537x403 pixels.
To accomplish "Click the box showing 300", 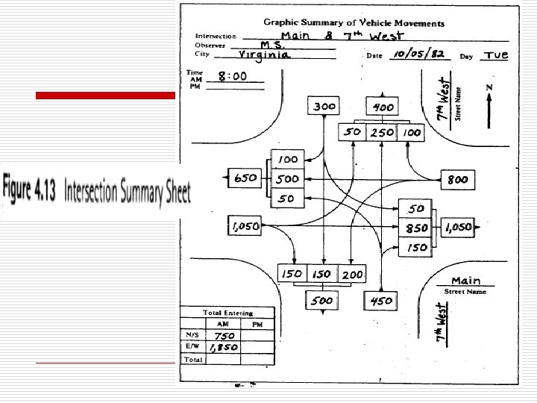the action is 324,107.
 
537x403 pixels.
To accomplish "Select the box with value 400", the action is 383,107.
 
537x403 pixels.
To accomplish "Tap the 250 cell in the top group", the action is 383,132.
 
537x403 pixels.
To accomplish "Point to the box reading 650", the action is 246,179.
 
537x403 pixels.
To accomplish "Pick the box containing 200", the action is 353,274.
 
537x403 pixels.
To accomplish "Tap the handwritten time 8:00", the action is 233,75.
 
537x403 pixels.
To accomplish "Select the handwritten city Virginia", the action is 266,55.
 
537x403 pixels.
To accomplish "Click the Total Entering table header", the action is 227,313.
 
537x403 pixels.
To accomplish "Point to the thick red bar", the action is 105,96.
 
